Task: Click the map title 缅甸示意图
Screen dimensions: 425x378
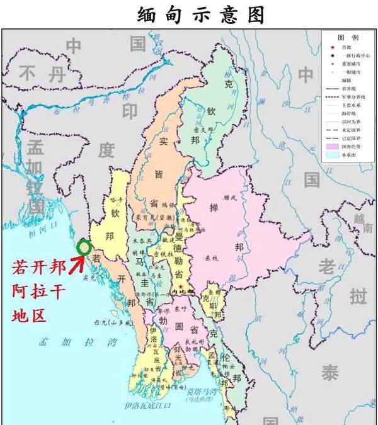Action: point(201,14)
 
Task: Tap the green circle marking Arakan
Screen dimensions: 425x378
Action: point(83,247)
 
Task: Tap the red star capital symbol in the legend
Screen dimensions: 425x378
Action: point(331,47)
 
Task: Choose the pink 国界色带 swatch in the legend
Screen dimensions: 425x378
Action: point(331,145)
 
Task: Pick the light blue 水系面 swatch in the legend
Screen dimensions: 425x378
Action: point(331,154)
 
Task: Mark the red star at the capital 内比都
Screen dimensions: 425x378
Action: point(181,288)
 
